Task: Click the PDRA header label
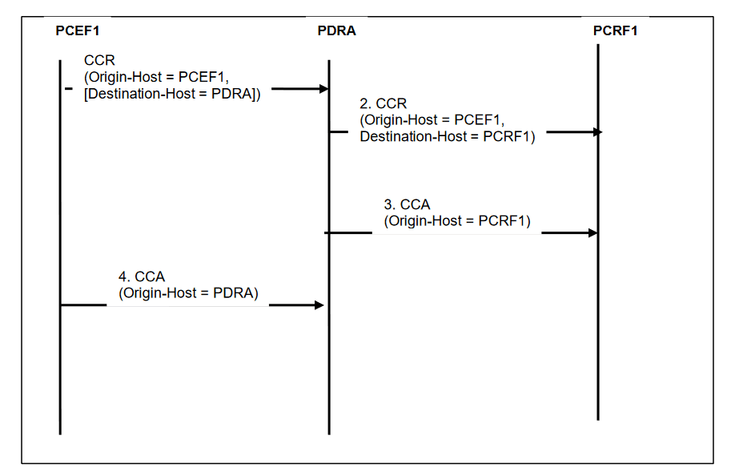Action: (336, 31)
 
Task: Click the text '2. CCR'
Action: (384, 104)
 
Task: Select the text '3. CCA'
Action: (407, 205)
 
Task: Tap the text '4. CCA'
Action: (142, 277)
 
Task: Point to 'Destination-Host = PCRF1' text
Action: (448, 136)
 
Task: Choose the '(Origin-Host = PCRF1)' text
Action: (457, 221)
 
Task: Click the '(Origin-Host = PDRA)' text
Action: (189, 293)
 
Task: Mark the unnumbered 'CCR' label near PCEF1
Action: (99, 60)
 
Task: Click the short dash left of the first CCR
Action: (70, 88)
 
